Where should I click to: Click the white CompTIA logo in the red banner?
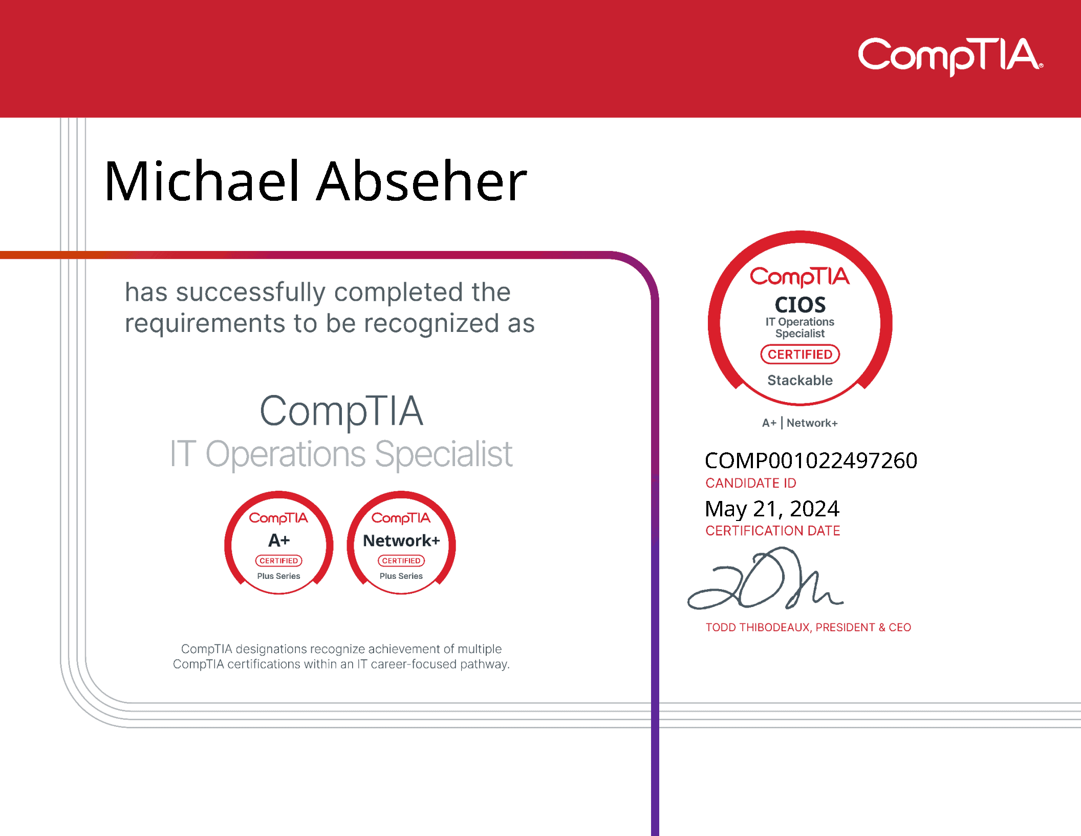[x=950, y=56]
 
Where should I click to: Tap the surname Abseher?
[x=422, y=181]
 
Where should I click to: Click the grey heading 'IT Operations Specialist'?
[x=341, y=454]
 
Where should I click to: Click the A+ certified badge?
[x=279, y=543]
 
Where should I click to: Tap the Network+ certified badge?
[x=401, y=543]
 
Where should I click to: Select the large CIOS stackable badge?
[x=800, y=318]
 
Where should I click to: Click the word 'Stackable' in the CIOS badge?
[x=800, y=380]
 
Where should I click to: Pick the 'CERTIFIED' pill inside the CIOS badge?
[x=800, y=354]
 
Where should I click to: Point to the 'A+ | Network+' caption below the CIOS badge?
[x=800, y=423]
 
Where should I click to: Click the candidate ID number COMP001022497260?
[x=811, y=461]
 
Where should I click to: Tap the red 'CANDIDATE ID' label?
[x=751, y=483]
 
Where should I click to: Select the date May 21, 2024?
[x=772, y=509]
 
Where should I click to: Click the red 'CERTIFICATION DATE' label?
[x=773, y=531]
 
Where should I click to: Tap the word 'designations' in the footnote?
[x=271, y=650]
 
